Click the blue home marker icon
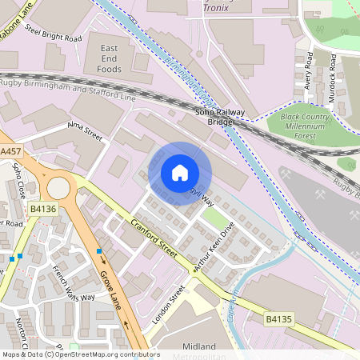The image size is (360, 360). click(180, 173)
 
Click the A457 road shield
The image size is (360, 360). click(11, 151)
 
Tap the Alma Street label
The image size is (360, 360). click(86, 131)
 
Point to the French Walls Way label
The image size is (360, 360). click(73, 282)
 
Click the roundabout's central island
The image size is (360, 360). click(58, 188)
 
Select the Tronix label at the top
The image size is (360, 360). click(216, 6)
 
